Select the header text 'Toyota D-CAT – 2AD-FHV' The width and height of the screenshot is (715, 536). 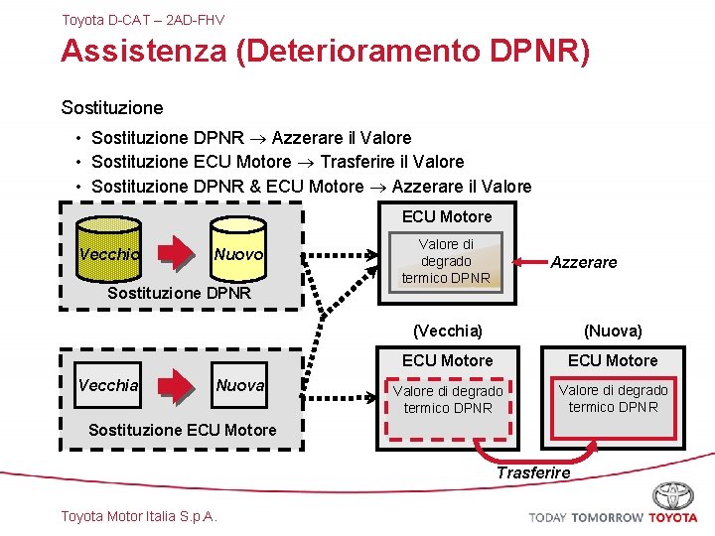click(143, 20)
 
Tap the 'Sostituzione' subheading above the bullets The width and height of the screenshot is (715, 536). click(112, 107)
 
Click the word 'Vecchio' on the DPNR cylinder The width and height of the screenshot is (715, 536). click(108, 254)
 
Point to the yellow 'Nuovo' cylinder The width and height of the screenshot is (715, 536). click(238, 254)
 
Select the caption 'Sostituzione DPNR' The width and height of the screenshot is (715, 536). click(179, 294)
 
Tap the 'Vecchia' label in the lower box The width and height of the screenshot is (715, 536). click(108, 385)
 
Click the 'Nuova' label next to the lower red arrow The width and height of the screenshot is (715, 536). click(240, 385)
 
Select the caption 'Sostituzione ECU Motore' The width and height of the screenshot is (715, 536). click(182, 430)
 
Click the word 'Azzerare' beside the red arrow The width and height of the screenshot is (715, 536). click(584, 262)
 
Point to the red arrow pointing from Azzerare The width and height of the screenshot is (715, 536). click(527, 262)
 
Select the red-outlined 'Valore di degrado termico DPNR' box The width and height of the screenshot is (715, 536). click(613, 398)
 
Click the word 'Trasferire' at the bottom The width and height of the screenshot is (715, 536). click(533, 472)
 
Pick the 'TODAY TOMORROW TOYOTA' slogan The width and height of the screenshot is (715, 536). click(613, 517)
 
